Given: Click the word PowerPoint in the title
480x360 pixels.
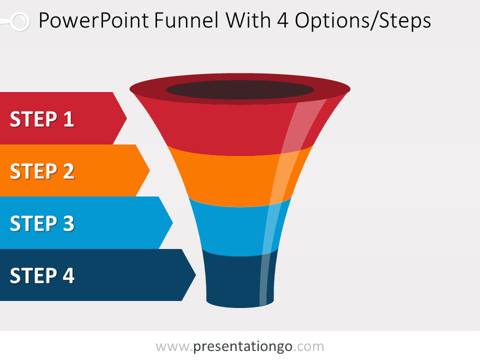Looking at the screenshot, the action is click(93, 20).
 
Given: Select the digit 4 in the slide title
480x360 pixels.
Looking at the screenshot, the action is click(283, 21).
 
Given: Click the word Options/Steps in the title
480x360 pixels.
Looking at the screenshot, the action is click(363, 21).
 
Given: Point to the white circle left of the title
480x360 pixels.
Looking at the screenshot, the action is click(20, 21).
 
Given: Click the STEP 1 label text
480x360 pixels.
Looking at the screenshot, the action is click(42, 119).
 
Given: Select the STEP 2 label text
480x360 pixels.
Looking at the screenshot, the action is click(42, 171).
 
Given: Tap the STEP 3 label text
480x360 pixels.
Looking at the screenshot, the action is click(42, 223).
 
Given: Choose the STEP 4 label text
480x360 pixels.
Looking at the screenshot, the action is click(42, 275).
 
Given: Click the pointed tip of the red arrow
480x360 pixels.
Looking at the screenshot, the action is click(126, 118).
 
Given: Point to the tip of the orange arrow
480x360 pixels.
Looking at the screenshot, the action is click(149, 170).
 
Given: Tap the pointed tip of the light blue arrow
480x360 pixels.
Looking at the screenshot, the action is click(172, 222).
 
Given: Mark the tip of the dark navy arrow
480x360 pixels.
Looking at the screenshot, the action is click(195, 274).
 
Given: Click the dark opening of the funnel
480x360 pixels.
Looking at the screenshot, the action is click(240, 89).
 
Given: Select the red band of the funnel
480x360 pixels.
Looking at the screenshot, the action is click(232, 128).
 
